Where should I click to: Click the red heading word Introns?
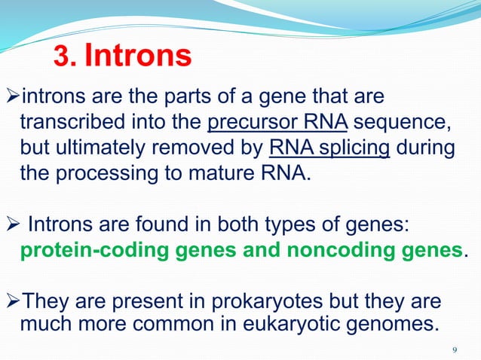coord(137,55)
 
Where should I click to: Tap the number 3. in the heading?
coord(65,56)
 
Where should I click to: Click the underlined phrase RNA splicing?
coord(329,147)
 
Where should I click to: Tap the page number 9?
coord(454,349)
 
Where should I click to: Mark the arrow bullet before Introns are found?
coord(12,224)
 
